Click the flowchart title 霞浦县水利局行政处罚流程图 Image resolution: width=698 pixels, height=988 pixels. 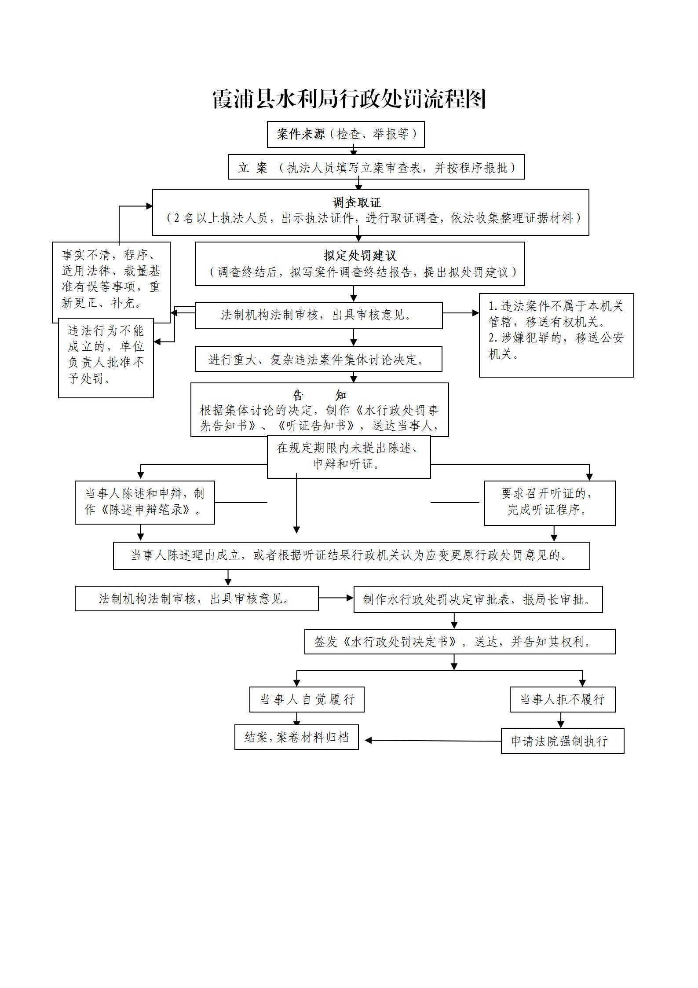tap(349, 99)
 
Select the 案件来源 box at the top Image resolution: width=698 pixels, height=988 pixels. tap(346, 134)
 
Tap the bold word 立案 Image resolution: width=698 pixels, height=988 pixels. tap(252, 168)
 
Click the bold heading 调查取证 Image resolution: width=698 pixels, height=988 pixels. tap(357, 202)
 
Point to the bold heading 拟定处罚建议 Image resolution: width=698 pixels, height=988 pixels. tap(360, 255)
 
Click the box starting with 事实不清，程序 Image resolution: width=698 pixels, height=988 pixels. tap(111, 279)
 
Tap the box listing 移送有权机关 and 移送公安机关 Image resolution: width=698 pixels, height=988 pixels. tap(556, 335)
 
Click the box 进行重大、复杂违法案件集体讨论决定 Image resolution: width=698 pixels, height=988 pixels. tap(318, 359)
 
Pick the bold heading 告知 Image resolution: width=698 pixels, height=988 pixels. tap(319, 395)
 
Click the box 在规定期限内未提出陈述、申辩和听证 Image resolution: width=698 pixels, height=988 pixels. tap(348, 456)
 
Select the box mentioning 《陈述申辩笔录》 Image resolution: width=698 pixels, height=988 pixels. tap(145, 502)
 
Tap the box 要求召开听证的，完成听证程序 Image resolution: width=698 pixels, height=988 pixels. tap(549, 503)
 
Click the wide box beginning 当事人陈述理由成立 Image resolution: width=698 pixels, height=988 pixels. tap(351, 555)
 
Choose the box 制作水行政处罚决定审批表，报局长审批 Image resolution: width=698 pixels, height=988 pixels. tap(478, 599)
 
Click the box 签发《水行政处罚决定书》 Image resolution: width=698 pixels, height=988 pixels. tap(460, 642)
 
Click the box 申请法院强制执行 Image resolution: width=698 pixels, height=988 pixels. tap(562, 741)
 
